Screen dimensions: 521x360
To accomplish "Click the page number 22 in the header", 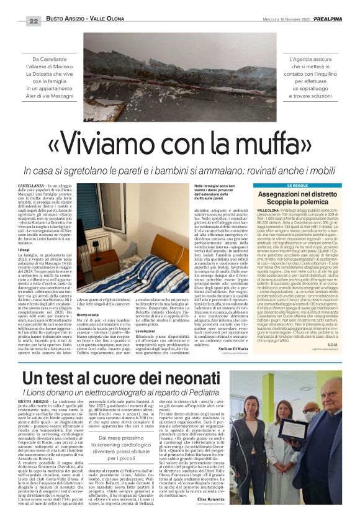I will (34, 21).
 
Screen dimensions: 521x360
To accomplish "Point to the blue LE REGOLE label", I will (297, 186).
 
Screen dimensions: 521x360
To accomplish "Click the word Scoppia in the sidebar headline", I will (274, 202).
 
